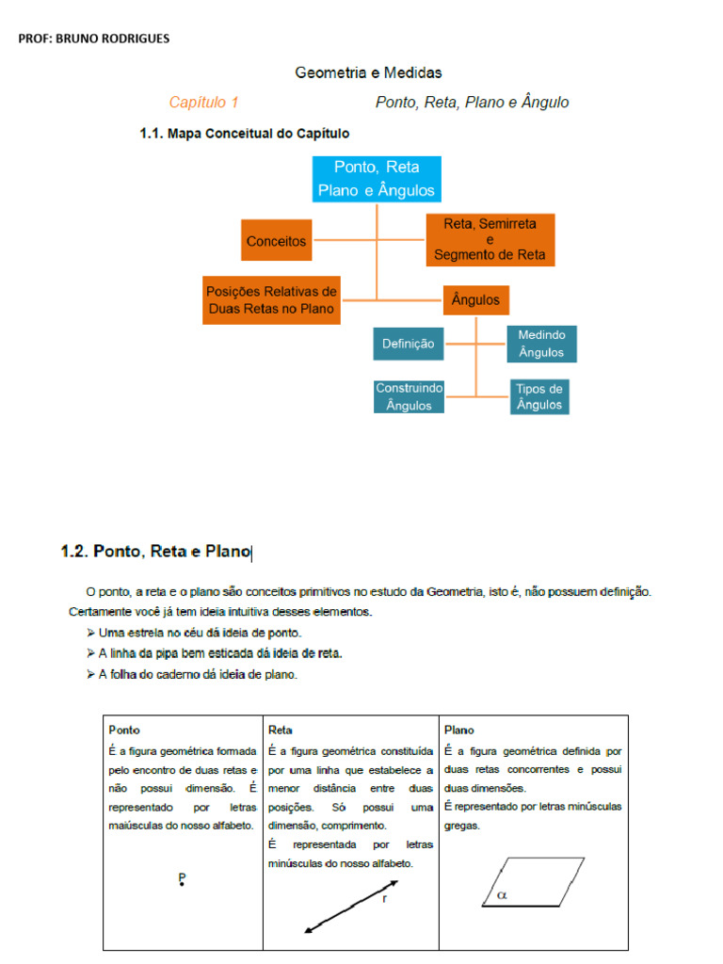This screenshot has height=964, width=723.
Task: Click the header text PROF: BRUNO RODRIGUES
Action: click(94, 39)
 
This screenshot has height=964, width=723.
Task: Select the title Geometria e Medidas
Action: click(368, 72)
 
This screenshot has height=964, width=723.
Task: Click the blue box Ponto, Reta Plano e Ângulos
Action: click(377, 179)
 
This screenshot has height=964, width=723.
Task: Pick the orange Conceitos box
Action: click(276, 241)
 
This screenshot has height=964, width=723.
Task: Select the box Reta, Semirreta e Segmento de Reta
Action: click(490, 240)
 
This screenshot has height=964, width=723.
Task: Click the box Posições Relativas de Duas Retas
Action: click(271, 300)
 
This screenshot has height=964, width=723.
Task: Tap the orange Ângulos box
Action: click(475, 300)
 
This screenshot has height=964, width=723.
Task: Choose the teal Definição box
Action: click(409, 344)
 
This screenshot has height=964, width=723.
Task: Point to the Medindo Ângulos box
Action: click(541, 344)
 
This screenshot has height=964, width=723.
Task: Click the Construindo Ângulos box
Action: click(409, 396)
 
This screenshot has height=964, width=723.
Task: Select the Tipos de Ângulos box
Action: click(539, 396)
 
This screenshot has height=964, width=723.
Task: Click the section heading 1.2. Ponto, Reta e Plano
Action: click(156, 553)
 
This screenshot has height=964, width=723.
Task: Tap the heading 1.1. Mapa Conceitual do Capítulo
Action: click(245, 134)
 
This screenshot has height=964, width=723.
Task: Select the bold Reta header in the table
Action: click(281, 730)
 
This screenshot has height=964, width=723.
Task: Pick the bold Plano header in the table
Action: click(459, 730)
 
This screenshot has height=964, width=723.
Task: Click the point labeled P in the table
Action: click(182, 881)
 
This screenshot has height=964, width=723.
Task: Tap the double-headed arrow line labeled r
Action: click(350, 907)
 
